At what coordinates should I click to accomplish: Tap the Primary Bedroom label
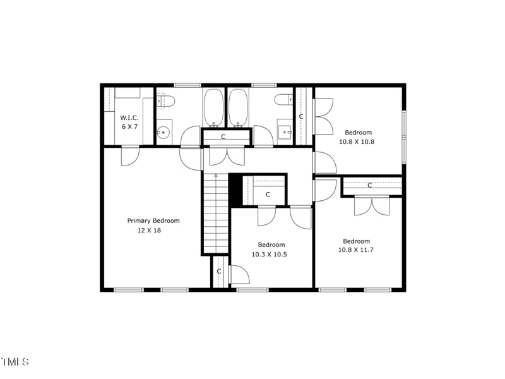coord(153,221)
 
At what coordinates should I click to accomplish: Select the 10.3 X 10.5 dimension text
coord(271,254)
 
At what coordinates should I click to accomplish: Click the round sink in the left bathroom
coord(163,132)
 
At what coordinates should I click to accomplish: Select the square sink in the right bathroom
coord(285,131)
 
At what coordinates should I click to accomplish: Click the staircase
coord(215,215)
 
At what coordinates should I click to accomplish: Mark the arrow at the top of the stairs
coord(215,177)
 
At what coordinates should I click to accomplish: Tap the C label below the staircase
coord(219,272)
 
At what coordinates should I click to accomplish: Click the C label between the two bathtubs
coord(223,136)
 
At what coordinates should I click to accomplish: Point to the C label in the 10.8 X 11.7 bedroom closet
coord(369,185)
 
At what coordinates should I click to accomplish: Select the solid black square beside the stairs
coord(235,189)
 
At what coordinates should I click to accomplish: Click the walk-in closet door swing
coord(129,155)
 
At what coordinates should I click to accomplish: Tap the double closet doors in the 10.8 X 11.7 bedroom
coord(372,205)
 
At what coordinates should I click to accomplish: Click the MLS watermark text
coord(15,362)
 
